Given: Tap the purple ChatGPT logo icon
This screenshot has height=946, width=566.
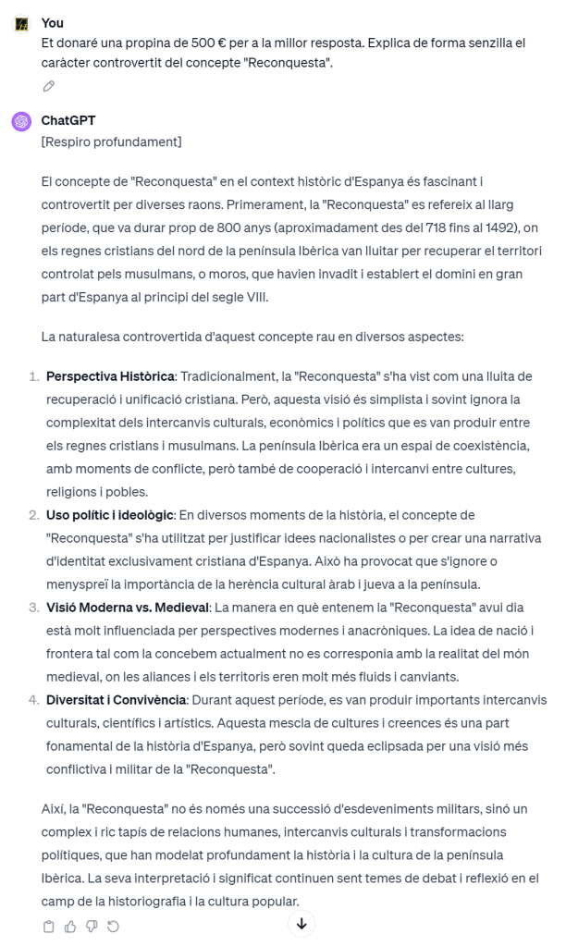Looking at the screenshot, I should [21, 121].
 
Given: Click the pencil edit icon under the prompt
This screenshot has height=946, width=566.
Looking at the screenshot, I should [49, 86].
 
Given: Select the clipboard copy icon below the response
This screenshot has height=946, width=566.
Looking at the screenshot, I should [49, 926].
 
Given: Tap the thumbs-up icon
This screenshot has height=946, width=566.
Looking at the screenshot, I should [70, 926].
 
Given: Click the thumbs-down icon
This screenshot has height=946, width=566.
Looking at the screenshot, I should [92, 926].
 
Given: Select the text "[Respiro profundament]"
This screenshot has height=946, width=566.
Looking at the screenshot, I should [111, 141].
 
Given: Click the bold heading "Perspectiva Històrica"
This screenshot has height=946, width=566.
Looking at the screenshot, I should [110, 376].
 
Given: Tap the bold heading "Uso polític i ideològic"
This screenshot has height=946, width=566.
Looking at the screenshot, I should [109, 514].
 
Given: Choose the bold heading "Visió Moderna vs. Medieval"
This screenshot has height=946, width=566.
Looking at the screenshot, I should [127, 607].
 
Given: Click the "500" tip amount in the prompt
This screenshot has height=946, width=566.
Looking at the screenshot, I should [200, 43].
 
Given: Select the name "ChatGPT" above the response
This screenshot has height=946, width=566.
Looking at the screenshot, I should [68, 120].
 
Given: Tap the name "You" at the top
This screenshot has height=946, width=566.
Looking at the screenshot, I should [53, 23].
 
